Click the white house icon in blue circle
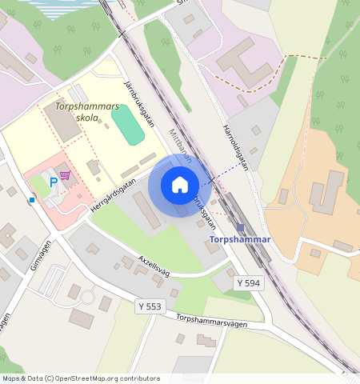click(x=180, y=185)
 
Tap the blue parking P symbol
click(x=54, y=182)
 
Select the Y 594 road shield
click(x=248, y=284)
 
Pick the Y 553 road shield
click(x=150, y=306)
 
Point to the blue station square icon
click(x=240, y=228)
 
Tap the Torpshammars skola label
click(x=87, y=112)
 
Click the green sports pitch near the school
click(x=127, y=125)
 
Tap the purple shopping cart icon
click(x=65, y=174)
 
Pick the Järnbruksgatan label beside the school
click(x=138, y=102)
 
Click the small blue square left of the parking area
click(x=32, y=200)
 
